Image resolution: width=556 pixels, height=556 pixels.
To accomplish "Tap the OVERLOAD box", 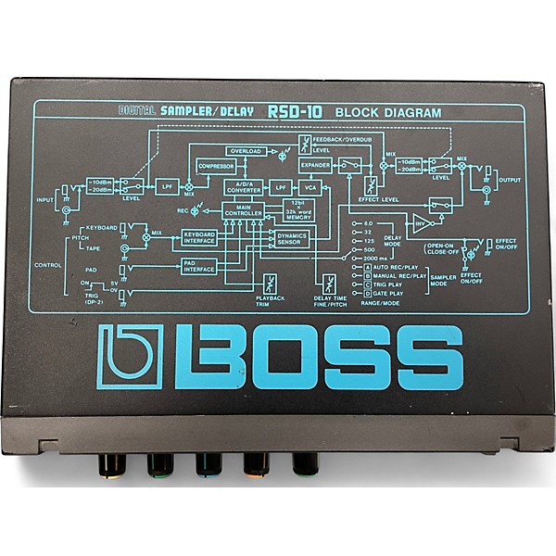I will (246, 150).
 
